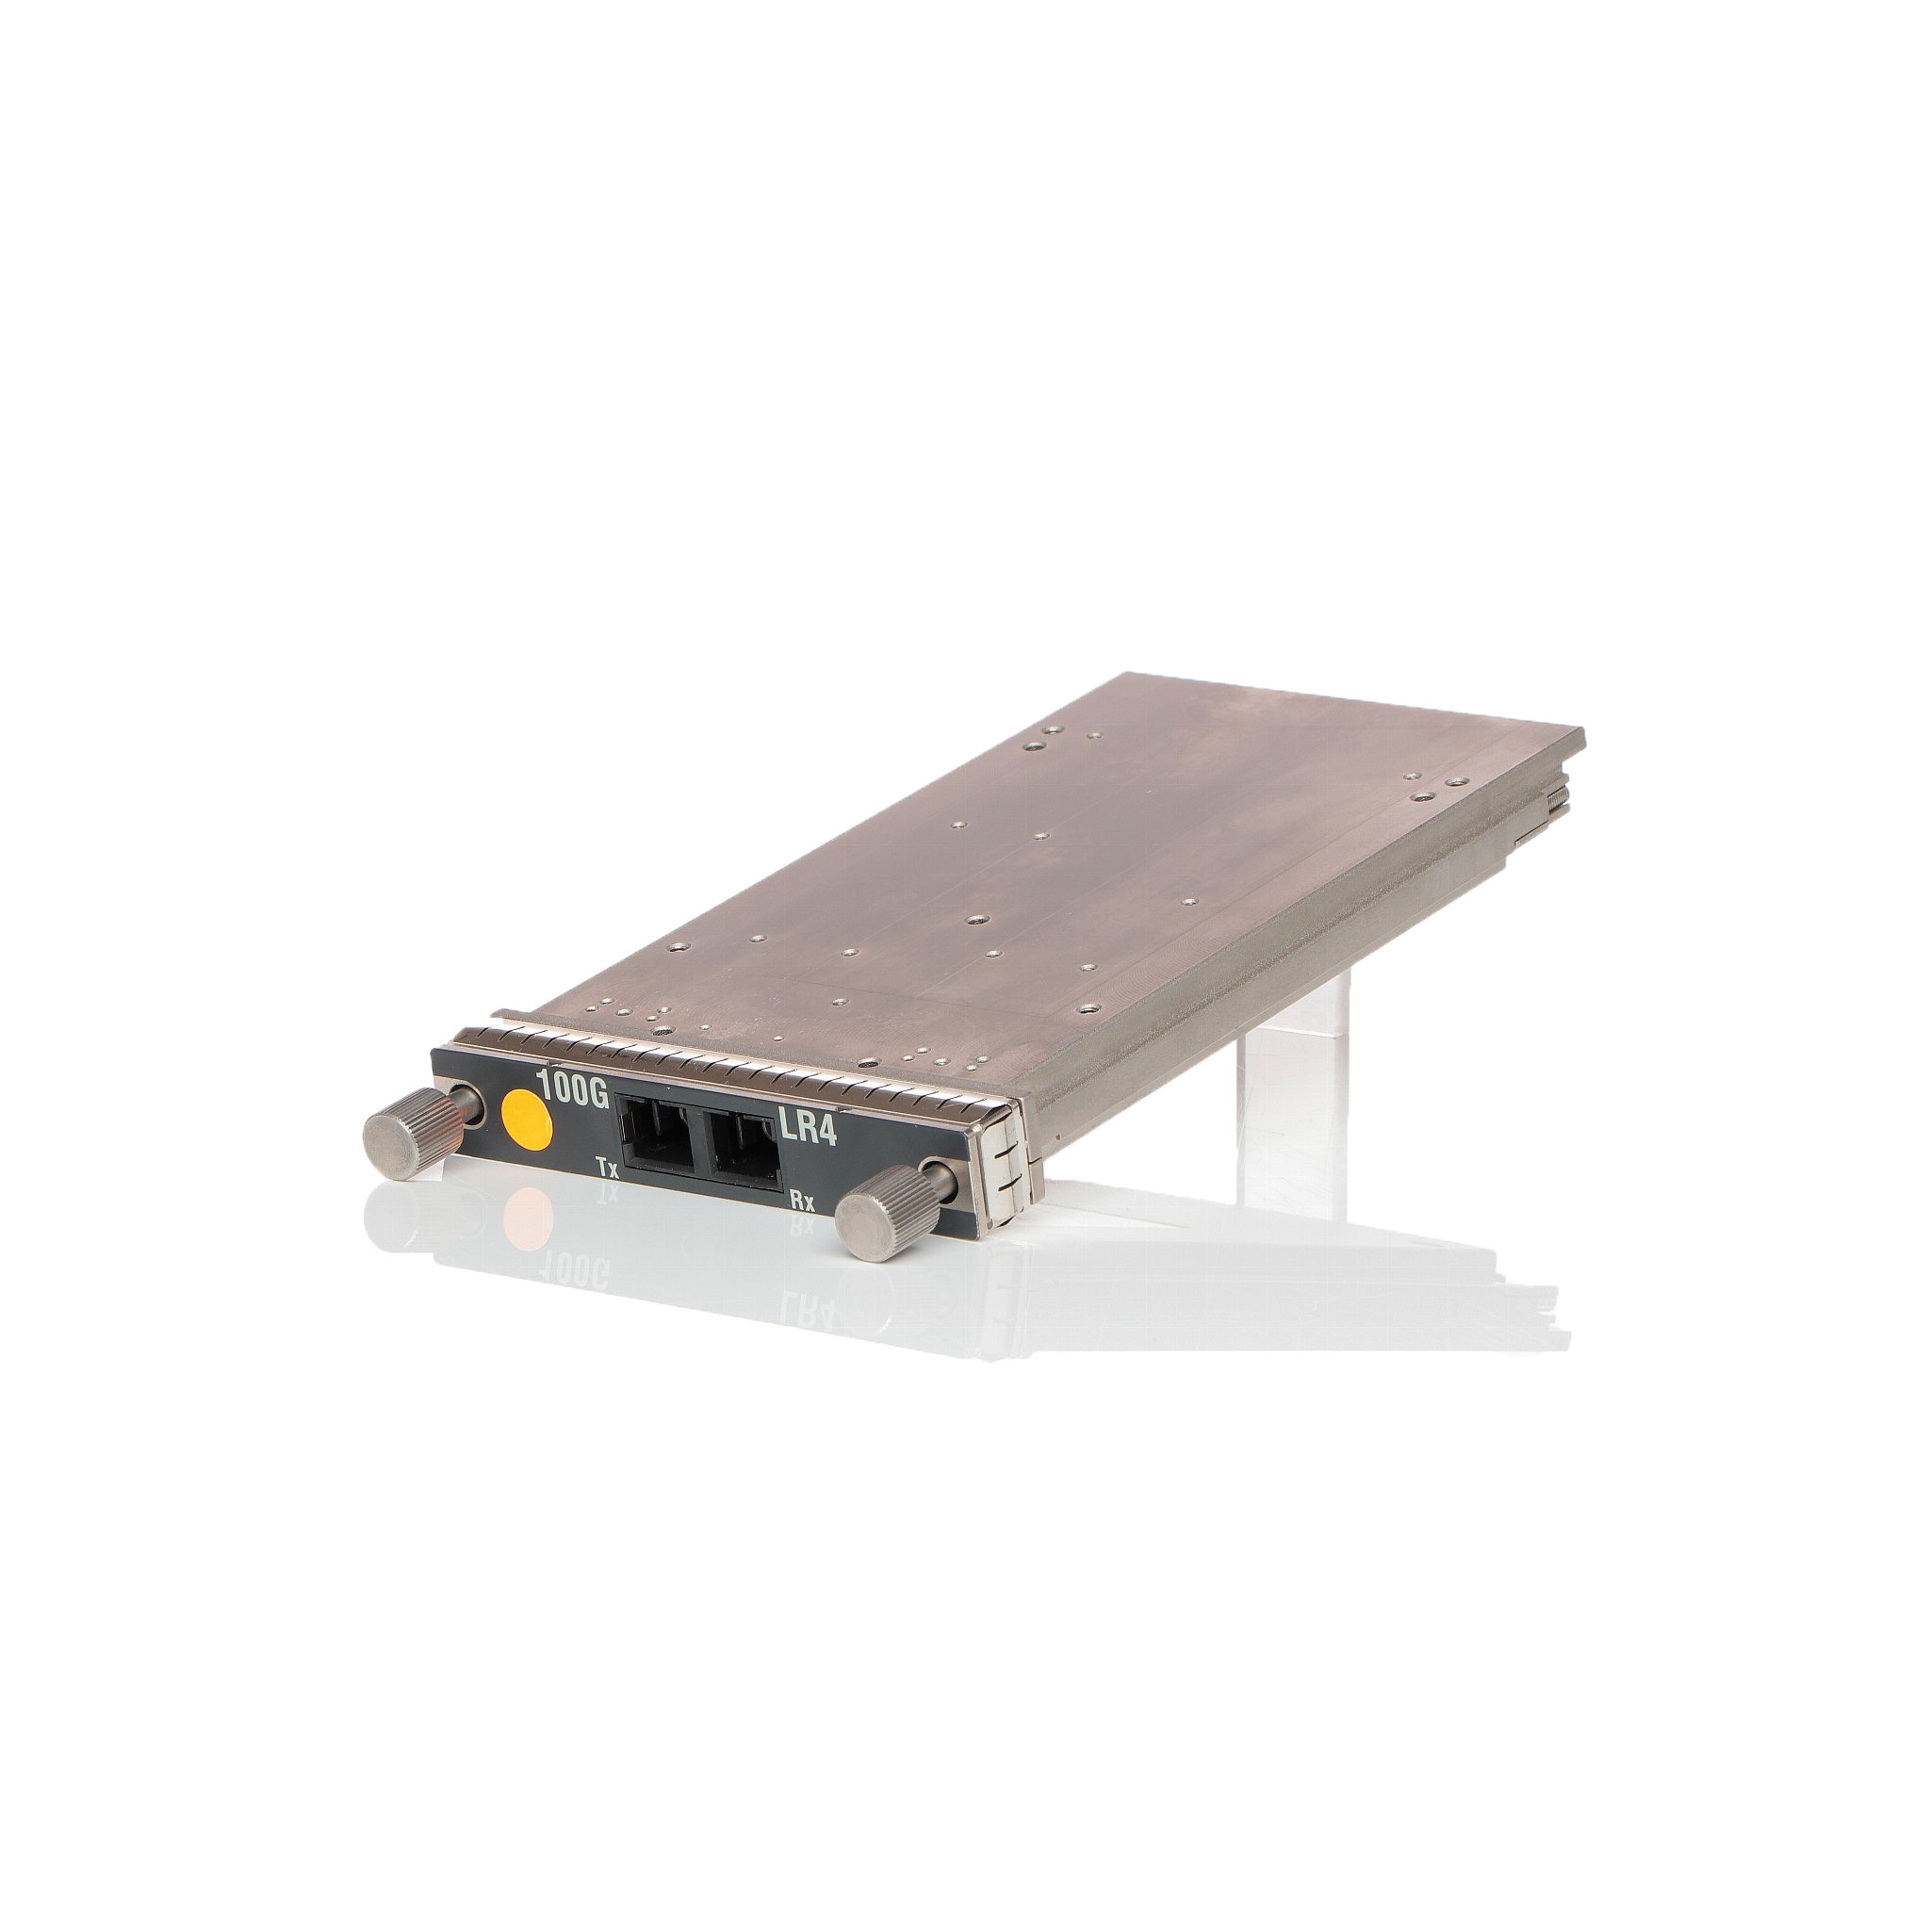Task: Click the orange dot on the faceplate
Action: click(x=527, y=1118)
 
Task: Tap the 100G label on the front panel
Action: click(x=572, y=1087)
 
